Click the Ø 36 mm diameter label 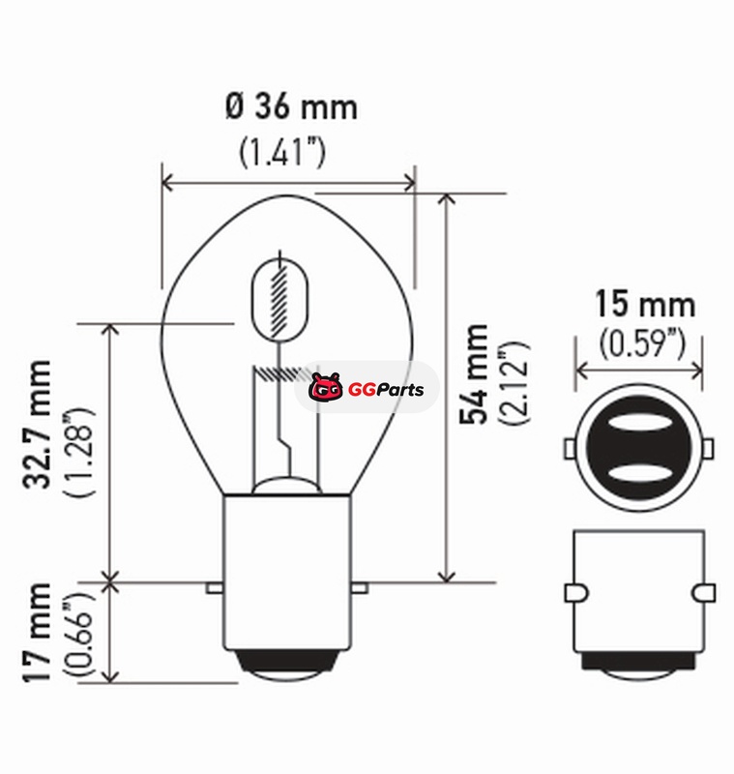[x=291, y=107]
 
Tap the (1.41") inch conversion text [x=282, y=152]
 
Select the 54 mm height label [x=474, y=374]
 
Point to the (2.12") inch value [x=514, y=382]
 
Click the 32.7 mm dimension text [x=37, y=425]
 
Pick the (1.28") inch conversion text [x=78, y=452]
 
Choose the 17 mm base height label [x=37, y=633]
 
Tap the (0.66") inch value [x=78, y=635]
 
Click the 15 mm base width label [x=645, y=304]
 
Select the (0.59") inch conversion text [x=642, y=343]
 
